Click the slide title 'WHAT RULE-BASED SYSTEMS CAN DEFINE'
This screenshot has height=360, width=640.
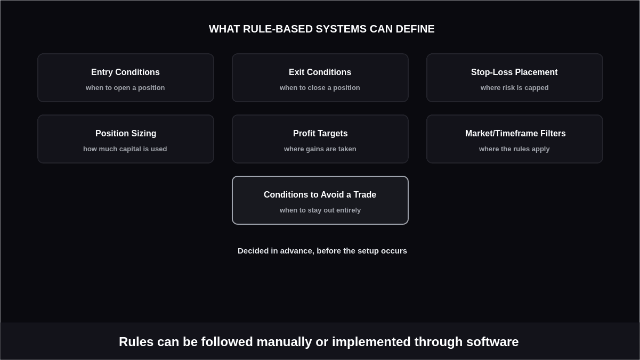[322, 29]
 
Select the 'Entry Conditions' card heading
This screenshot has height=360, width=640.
[125, 72]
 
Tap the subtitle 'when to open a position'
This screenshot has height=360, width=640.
[125, 88]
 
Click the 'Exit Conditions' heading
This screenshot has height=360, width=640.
[320, 72]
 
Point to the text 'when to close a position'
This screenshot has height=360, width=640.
[320, 88]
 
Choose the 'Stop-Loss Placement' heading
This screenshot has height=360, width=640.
[514, 72]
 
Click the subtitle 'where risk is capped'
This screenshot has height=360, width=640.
[515, 88]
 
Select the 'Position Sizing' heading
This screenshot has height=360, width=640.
[126, 133]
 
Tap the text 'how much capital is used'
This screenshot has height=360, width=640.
[125, 149]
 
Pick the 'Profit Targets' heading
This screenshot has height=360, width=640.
[320, 133]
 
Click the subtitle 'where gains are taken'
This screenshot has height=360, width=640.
[320, 149]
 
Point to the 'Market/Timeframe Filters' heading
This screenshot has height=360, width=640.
[515, 133]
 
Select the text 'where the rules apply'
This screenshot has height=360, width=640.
[514, 149]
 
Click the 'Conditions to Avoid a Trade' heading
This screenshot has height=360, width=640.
[320, 195]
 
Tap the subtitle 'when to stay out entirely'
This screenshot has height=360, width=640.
[320, 210]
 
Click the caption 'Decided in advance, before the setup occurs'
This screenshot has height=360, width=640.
[322, 251]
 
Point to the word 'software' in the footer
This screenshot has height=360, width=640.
[492, 342]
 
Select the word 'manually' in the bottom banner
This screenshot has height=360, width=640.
[284, 342]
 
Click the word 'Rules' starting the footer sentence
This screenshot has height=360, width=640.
[136, 342]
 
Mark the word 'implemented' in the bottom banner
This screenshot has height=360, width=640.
[371, 342]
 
